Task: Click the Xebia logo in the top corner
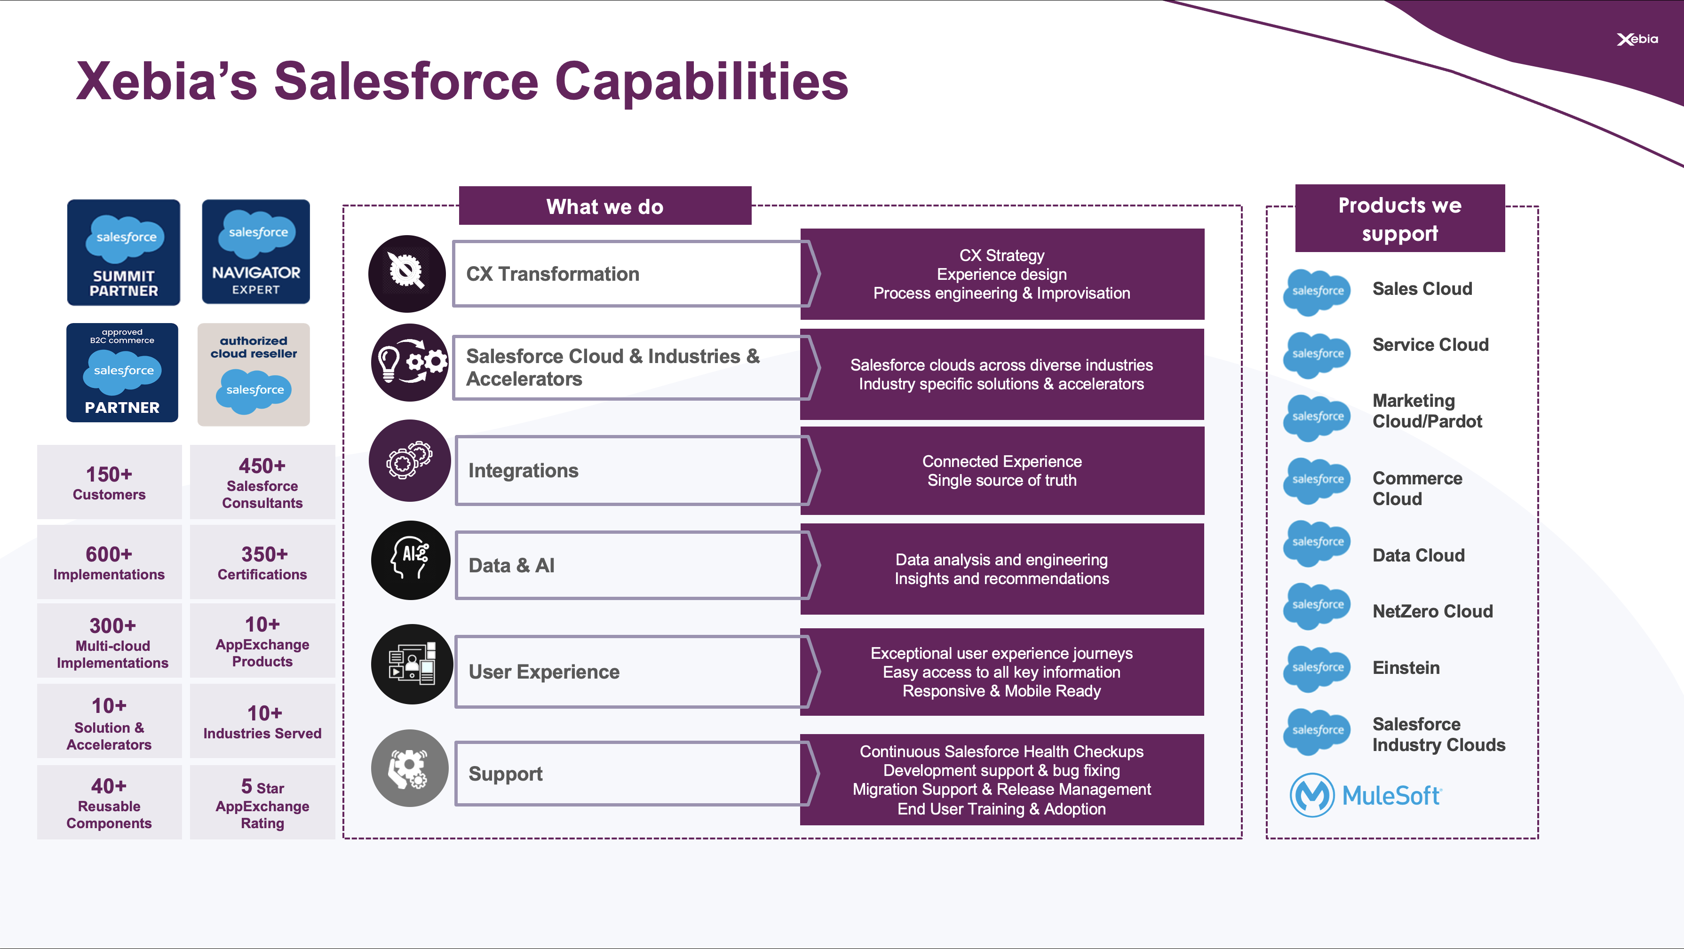click(x=1637, y=39)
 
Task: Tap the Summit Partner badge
click(x=124, y=252)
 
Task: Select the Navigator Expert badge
click(x=255, y=252)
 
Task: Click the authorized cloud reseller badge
click(x=254, y=374)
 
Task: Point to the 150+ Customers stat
click(x=109, y=482)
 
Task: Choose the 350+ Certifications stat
click(x=262, y=562)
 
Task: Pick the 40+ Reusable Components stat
click(x=109, y=803)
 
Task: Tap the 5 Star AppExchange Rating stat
click(x=262, y=803)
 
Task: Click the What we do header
click(x=605, y=206)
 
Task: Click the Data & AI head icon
click(x=411, y=560)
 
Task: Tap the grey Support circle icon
click(x=410, y=768)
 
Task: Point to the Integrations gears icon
click(x=410, y=461)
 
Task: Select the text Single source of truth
click(x=1001, y=481)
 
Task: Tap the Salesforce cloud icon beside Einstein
click(x=1317, y=668)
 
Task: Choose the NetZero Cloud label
click(x=1432, y=611)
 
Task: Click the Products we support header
click(x=1399, y=218)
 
